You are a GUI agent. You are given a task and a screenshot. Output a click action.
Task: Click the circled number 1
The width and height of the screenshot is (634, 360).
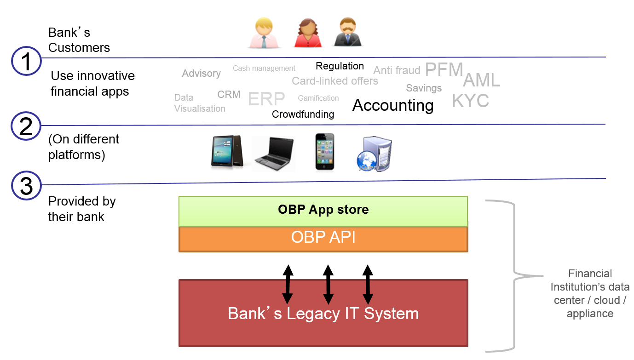(x=27, y=61)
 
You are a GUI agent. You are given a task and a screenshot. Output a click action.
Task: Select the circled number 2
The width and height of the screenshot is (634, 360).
(x=26, y=126)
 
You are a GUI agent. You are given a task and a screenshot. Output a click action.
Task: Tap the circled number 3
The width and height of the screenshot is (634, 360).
(x=26, y=185)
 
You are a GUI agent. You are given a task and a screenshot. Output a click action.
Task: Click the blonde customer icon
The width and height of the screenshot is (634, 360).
(x=264, y=33)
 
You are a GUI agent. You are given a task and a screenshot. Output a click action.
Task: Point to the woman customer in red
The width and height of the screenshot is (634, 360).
(x=307, y=33)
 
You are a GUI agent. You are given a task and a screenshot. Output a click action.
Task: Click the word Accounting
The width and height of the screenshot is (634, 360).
(x=393, y=105)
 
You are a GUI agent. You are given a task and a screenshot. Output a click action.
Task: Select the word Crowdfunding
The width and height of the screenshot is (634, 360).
(x=303, y=114)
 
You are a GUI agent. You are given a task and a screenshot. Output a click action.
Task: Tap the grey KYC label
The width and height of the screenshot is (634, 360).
(x=470, y=101)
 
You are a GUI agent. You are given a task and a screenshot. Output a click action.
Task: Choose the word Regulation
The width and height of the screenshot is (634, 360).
(x=340, y=66)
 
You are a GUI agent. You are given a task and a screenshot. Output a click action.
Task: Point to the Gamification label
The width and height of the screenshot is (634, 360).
(x=318, y=98)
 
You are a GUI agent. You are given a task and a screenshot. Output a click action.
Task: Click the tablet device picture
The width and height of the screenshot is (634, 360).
(x=227, y=152)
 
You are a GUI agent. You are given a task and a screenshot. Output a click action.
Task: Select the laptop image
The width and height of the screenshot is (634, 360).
(x=274, y=154)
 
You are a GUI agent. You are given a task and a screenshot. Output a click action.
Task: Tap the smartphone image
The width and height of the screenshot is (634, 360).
(x=325, y=152)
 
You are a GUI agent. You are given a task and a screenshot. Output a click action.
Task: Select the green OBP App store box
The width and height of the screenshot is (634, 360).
(x=323, y=210)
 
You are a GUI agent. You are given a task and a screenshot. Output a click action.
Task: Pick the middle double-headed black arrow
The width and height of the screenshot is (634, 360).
(x=328, y=284)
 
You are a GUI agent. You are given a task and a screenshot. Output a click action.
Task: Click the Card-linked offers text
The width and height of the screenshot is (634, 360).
(x=335, y=81)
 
